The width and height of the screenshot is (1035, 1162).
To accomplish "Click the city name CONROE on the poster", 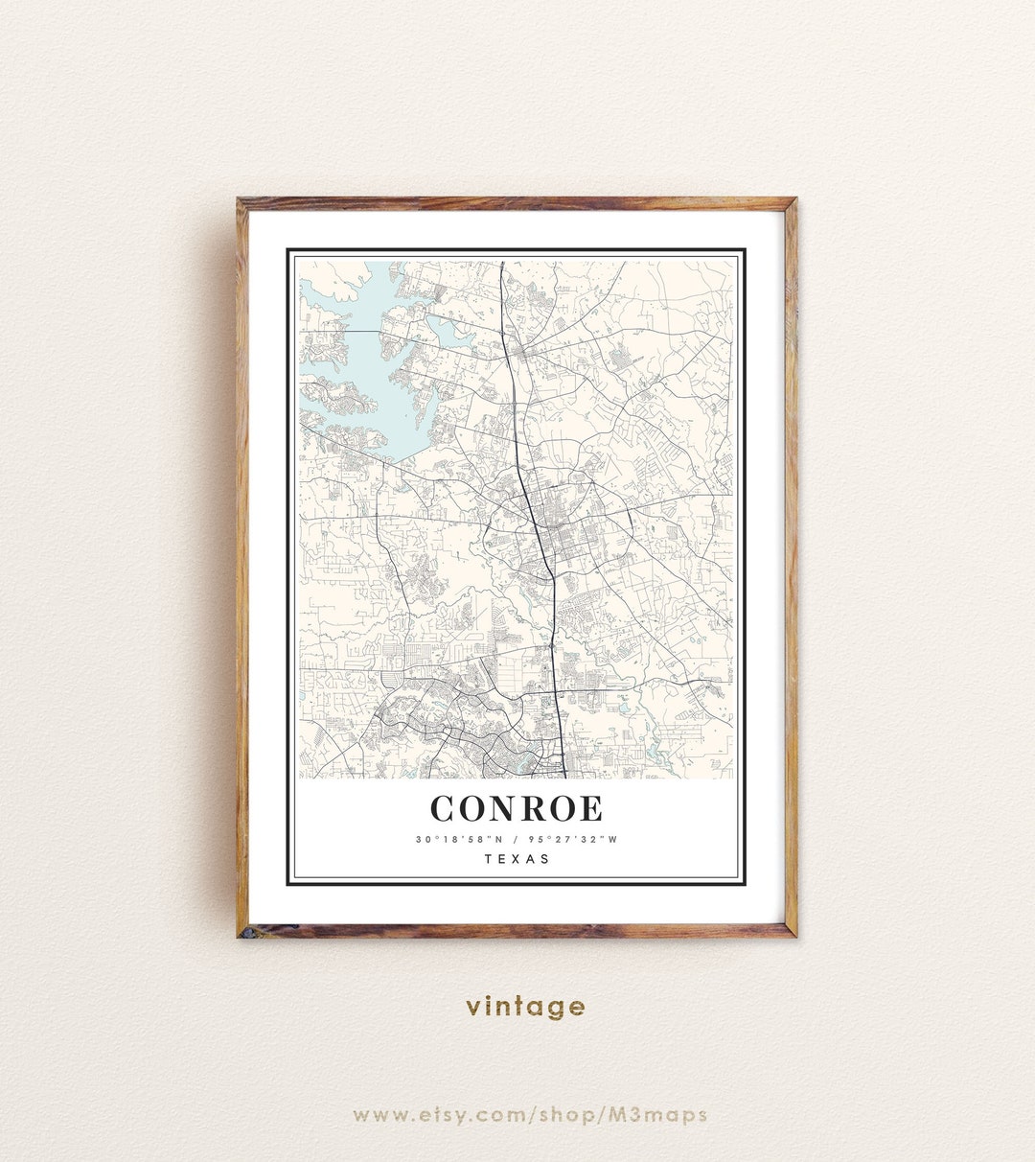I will click(x=517, y=808).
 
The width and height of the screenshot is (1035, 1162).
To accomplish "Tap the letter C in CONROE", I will click(x=444, y=808).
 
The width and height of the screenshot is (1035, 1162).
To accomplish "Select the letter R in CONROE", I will click(x=532, y=808).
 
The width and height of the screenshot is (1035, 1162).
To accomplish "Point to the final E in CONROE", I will click(x=591, y=808).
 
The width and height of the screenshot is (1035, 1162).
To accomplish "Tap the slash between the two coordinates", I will click(x=516, y=840).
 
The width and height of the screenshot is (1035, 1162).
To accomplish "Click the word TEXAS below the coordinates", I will click(x=517, y=859).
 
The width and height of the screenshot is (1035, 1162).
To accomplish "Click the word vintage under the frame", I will click(x=525, y=1006).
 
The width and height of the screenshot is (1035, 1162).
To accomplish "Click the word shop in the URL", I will click(x=565, y=1115).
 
